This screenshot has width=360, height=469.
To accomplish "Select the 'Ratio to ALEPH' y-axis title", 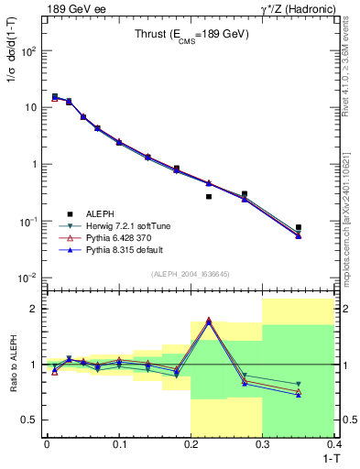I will click(13, 365).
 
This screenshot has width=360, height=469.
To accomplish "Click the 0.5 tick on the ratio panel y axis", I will click(32, 420).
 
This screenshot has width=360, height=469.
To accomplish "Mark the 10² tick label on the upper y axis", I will click(29, 51).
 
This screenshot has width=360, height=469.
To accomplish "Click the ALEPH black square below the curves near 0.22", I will click(209, 196).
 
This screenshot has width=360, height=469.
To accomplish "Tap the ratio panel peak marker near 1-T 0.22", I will click(209, 321).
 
